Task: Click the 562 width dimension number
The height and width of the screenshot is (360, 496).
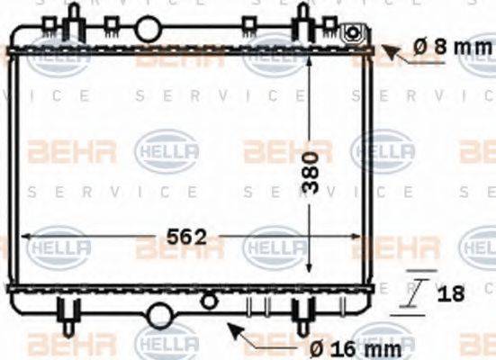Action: coord(186,238)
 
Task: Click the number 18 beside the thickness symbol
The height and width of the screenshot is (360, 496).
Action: coord(453,292)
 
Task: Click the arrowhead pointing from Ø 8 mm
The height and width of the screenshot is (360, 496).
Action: coord(390,51)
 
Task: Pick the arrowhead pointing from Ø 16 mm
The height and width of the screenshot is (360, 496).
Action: coord(236,330)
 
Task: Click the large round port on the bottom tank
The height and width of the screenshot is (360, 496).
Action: coord(160,315)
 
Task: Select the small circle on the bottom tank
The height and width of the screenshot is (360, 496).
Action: coord(209,300)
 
